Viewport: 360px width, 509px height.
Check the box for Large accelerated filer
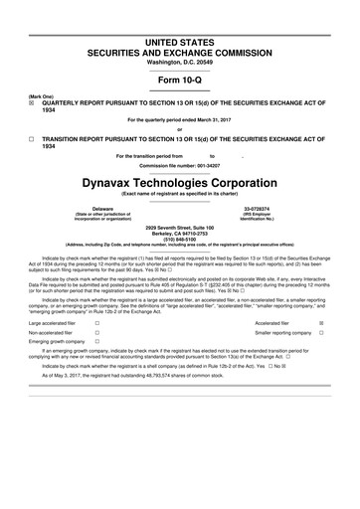tap(96, 324)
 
